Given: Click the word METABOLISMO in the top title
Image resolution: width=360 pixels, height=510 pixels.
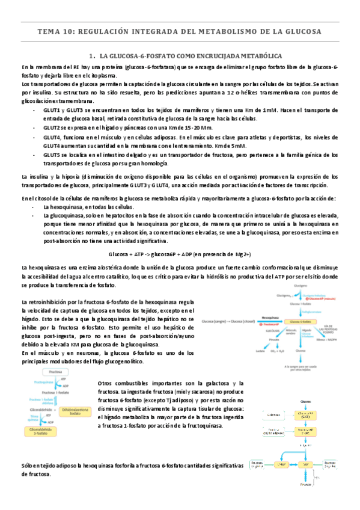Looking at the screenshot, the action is [x=212, y=31].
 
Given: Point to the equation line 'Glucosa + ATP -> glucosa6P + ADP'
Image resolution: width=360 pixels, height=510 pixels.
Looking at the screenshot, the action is [x=179, y=254].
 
